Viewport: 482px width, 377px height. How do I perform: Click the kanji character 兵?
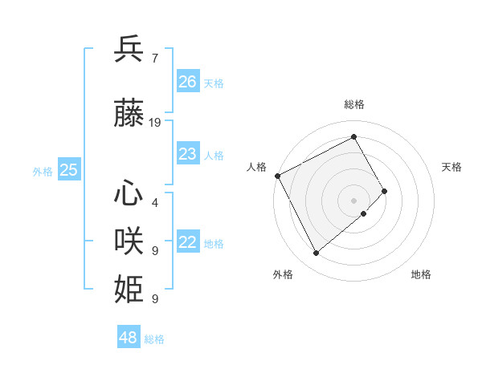pyautogui.click(x=129, y=49)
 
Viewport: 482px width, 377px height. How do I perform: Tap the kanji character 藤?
pyautogui.click(x=129, y=114)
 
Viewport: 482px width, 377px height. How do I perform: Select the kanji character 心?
pyautogui.click(x=129, y=194)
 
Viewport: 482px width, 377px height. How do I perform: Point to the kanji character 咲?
pyautogui.click(x=129, y=241)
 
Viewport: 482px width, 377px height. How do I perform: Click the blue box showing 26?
pyautogui.click(x=188, y=82)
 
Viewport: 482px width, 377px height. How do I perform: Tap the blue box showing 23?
pyautogui.click(x=188, y=154)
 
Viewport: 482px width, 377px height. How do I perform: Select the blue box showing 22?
pyautogui.click(x=188, y=242)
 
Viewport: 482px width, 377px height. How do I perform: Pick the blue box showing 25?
pyautogui.click(x=69, y=169)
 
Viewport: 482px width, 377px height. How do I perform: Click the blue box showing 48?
pyautogui.click(x=129, y=338)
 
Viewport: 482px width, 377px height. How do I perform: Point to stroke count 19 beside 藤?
pyautogui.click(x=155, y=123)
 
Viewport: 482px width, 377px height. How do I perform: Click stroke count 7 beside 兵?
pyautogui.click(x=154, y=58)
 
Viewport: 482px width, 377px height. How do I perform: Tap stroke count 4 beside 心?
pyautogui.click(x=154, y=203)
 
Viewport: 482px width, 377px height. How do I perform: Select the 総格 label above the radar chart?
pyautogui.click(x=354, y=104)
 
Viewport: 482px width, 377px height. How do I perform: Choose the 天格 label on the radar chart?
pyautogui.click(x=451, y=166)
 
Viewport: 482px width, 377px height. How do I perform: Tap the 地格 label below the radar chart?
pyautogui.click(x=421, y=274)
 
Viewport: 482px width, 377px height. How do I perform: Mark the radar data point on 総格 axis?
pyautogui.click(x=353, y=137)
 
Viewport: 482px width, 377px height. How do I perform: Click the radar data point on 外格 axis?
pyautogui.click(x=316, y=253)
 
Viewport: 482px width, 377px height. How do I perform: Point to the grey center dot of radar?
pyautogui.click(x=353, y=200)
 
